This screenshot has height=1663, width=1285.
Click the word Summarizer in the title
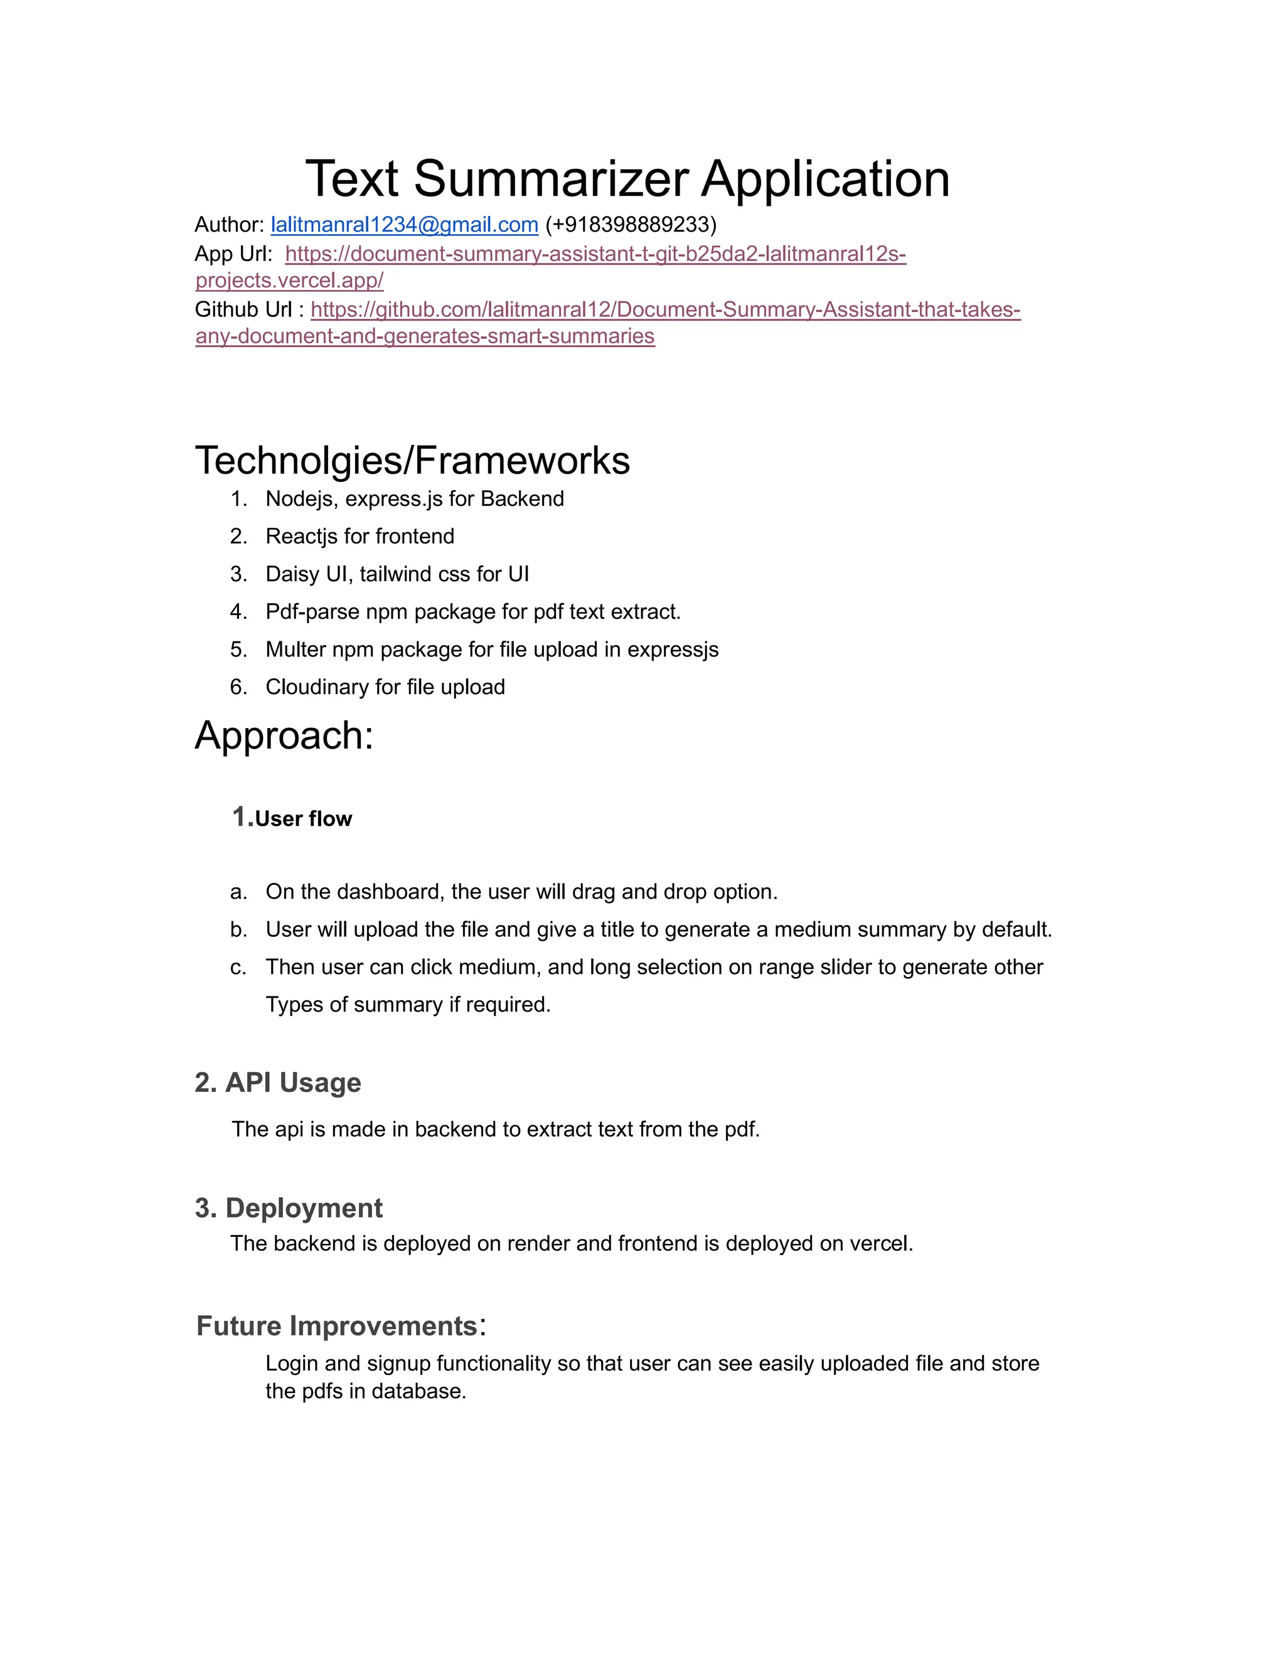pyautogui.click(x=550, y=179)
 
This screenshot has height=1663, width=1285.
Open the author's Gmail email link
pyautogui.click(x=404, y=225)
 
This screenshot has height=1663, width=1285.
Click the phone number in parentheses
pyautogui.click(x=631, y=225)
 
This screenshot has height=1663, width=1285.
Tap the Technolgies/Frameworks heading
pyautogui.click(x=412, y=460)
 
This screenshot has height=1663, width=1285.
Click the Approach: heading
pyautogui.click(x=284, y=735)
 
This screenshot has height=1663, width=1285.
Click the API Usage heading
pyautogui.click(x=292, y=1083)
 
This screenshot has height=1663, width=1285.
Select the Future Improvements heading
pyautogui.click(x=336, y=1325)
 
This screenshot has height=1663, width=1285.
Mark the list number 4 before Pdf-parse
pyautogui.click(x=238, y=611)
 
